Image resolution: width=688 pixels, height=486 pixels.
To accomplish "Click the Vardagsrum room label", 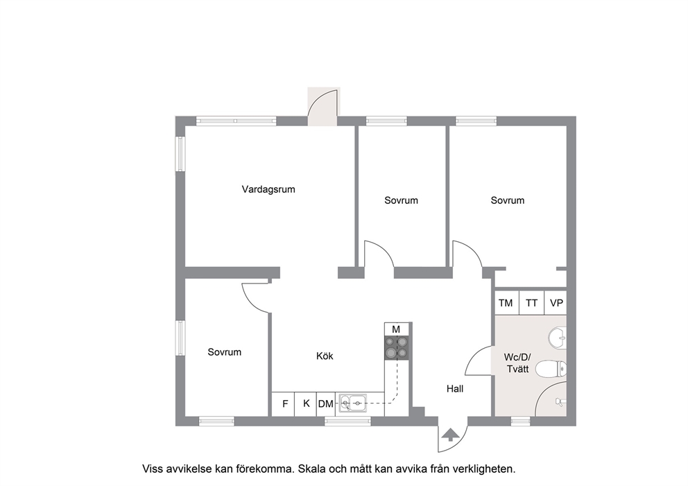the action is pyautogui.click(x=268, y=189).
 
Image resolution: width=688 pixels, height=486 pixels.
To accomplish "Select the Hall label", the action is pyautogui.click(x=455, y=389).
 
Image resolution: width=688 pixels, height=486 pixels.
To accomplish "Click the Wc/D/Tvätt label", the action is pyautogui.click(x=518, y=363).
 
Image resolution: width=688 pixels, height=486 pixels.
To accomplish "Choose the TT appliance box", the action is pyautogui.click(x=532, y=303).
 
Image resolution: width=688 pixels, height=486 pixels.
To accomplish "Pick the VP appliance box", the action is pyautogui.click(x=556, y=303).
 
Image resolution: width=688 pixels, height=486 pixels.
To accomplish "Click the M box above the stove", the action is pyautogui.click(x=396, y=329).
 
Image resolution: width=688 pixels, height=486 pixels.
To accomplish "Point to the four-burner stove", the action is pyautogui.click(x=397, y=348).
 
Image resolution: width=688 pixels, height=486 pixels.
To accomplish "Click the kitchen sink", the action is pyautogui.click(x=354, y=402).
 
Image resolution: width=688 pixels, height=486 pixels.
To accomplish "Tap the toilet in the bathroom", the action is pyautogui.click(x=551, y=369).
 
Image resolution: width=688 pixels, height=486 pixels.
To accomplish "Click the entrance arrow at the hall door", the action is pyautogui.click(x=451, y=435).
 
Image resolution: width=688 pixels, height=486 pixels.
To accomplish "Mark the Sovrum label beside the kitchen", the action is pyautogui.click(x=224, y=352).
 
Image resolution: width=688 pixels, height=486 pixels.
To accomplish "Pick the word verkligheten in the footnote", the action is pyautogui.click(x=481, y=469).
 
